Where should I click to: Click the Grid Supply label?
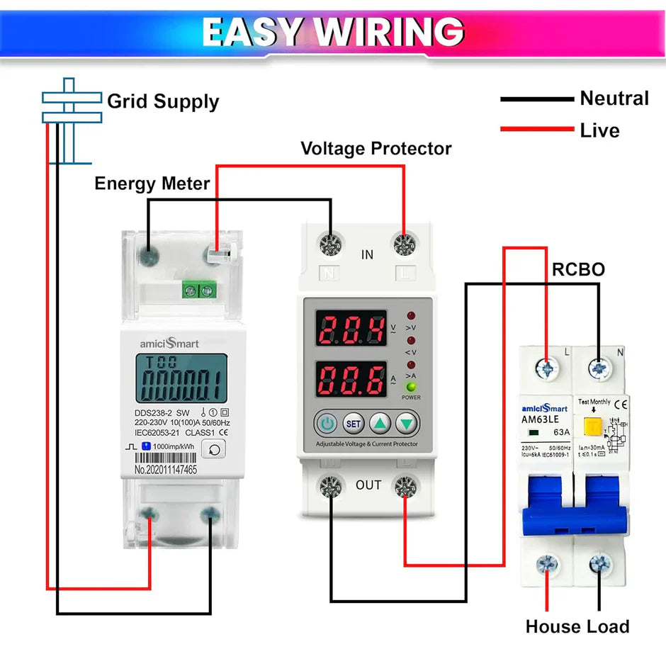pyautogui.click(x=163, y=101)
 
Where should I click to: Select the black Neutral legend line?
pyautogui.click(x=536, y=99)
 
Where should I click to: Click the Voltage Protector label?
pyautogui.click(x=376, y=149)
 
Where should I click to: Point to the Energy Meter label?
pyautogui.click(x=152, y=184)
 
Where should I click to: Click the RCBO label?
pyautogui.click(x=578, y=270)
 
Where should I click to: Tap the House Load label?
pyautogui.click(x=577, y=626)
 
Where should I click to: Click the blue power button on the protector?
pyautogui.click(x=327, y=424)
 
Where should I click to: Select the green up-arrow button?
pyautogui.click(x=380, y=424)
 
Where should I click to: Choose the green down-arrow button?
pyautogui.click(x=407, y=424)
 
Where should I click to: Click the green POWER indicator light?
pyautogui.click(x=411, y=387)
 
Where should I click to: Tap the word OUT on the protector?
pyautogui.click(x=368, y=485)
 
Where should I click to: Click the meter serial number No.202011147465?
pyautogui.click(x=166, y=469)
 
